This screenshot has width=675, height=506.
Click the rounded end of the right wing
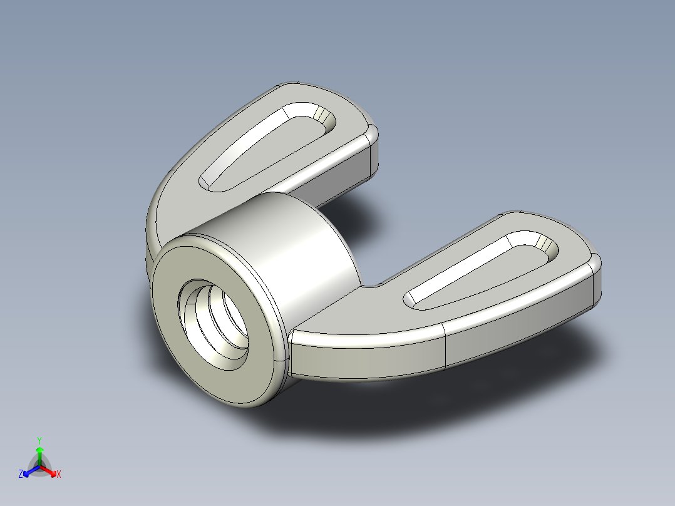[x=595, y=282]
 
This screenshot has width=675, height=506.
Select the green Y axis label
[x=39, y=440]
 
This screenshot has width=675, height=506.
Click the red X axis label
[x=59, y=475]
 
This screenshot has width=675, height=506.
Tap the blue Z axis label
[x=21, y=474]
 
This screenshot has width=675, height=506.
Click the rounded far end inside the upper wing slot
[x=322, y=116]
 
